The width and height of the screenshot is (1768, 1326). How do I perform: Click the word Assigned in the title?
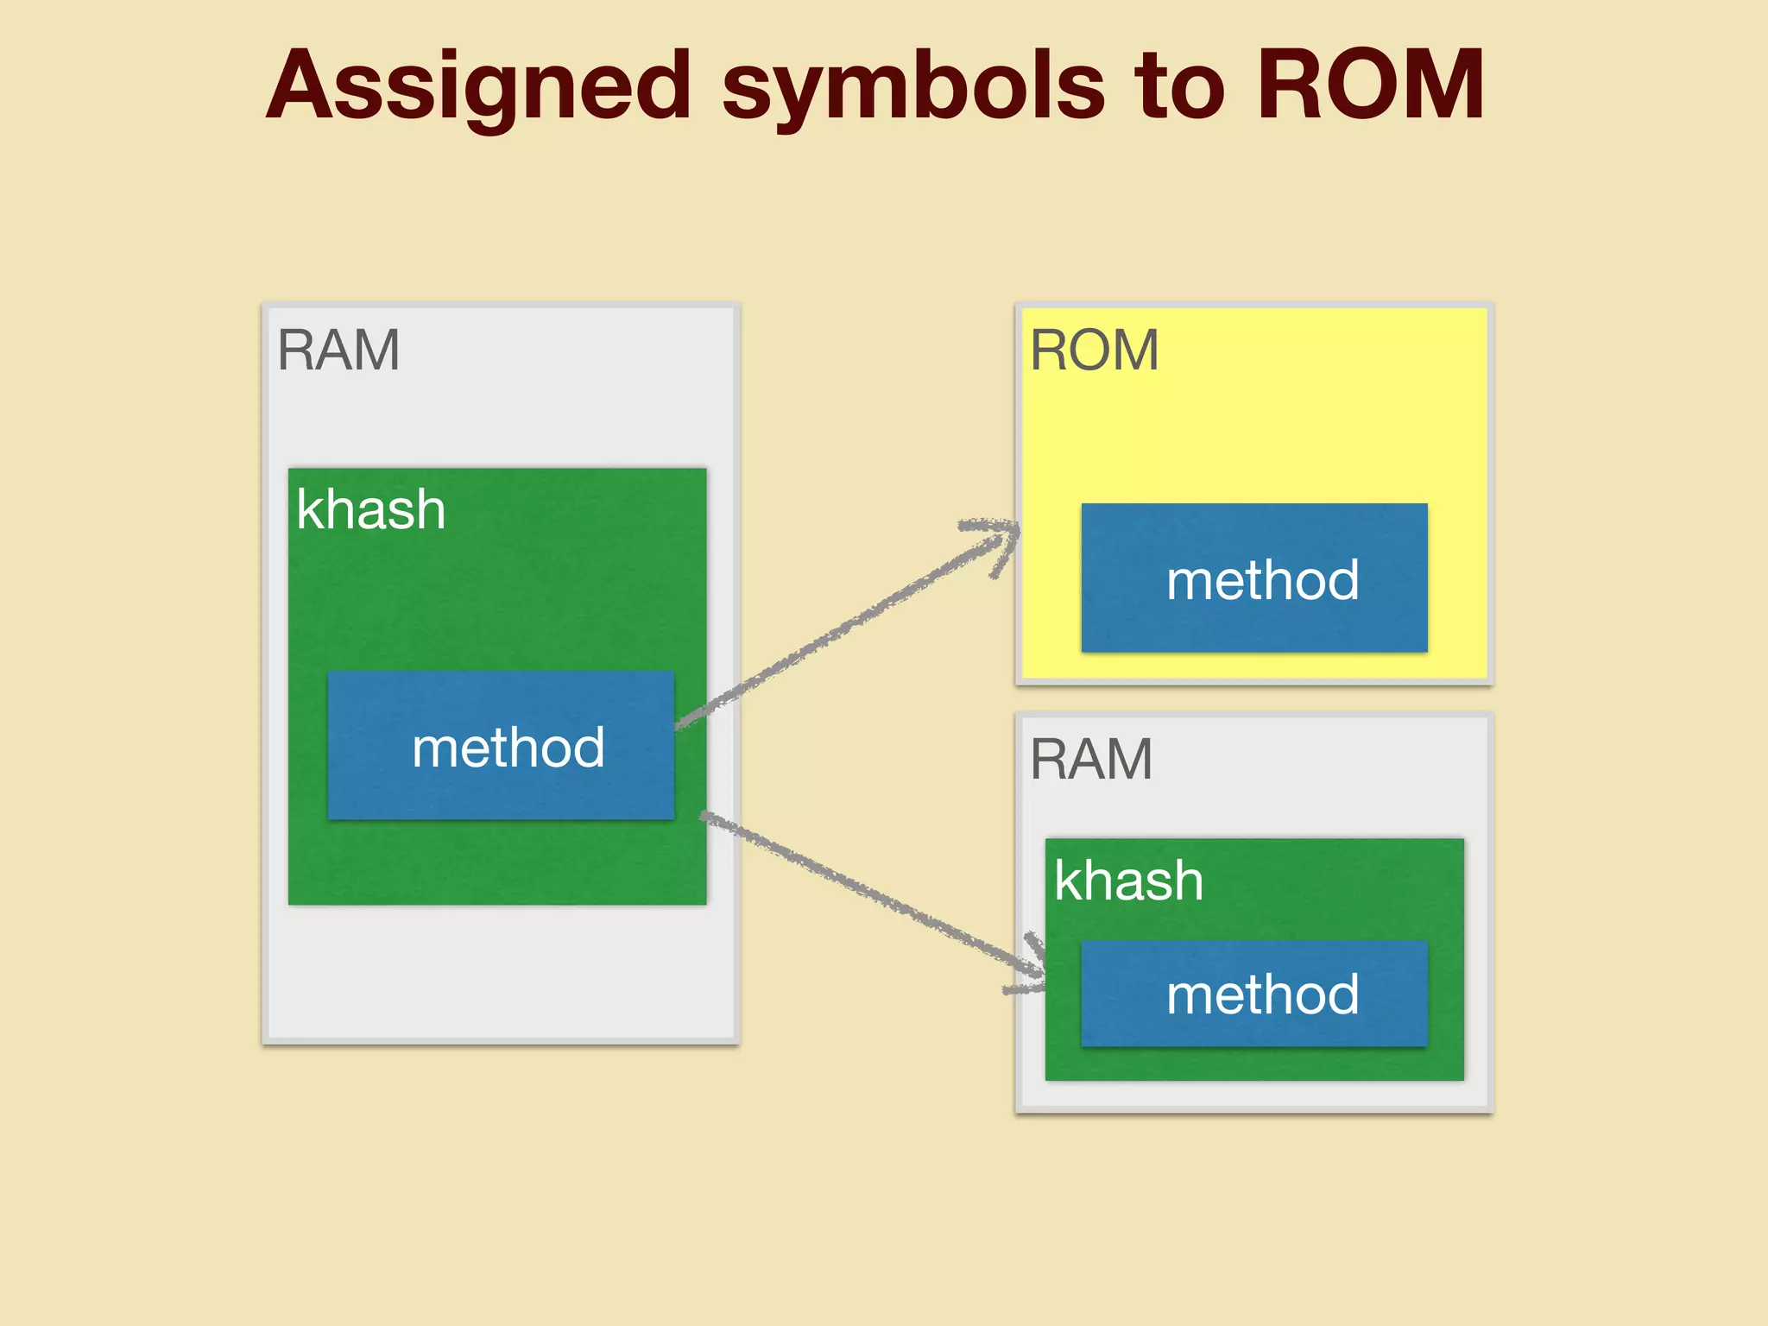479,86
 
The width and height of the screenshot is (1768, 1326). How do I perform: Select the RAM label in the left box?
338,350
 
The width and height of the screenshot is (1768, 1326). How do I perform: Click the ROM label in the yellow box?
1094,350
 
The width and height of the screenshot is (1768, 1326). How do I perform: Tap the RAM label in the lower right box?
1091,760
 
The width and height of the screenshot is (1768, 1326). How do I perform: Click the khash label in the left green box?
370,509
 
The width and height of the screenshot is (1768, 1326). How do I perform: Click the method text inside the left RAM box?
508,748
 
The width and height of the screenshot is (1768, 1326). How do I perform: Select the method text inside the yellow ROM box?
1262,580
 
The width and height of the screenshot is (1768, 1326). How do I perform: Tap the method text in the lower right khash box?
1262,994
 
